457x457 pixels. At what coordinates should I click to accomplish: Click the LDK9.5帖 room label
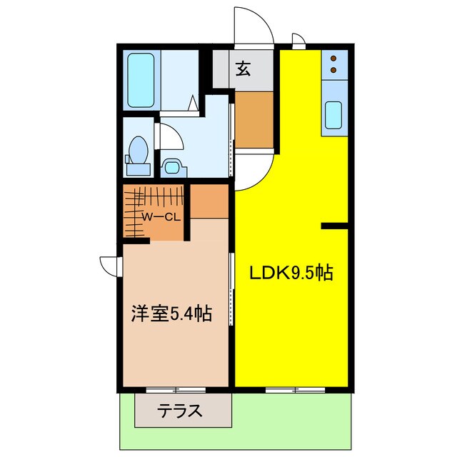(291, 273)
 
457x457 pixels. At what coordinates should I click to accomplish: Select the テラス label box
(184, 411)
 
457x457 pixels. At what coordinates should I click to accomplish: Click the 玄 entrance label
(243, 69)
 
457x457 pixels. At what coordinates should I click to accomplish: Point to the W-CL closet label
(159, 217)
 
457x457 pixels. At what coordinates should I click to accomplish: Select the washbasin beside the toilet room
(173, 167)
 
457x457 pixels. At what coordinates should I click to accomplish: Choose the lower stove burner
(333, 70)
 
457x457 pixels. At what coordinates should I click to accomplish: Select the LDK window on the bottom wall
(291, 390)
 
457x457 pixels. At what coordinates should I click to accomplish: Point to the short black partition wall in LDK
(334, 226)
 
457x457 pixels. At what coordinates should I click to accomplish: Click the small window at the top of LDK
(298, 41)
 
